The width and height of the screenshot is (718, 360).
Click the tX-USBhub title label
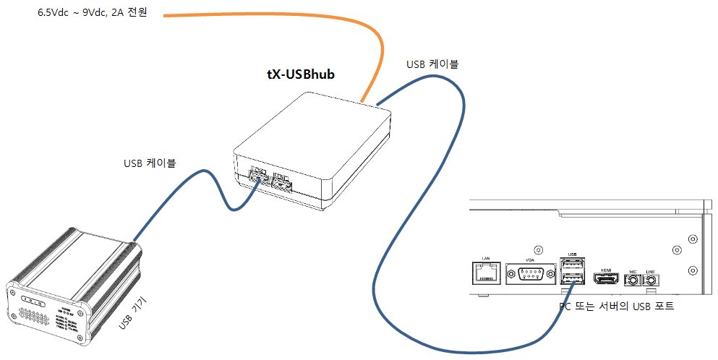(x=301, y=74)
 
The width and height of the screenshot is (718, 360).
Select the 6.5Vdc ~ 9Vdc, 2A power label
(x=93, y=13)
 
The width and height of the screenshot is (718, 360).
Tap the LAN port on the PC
(x=485, y=274)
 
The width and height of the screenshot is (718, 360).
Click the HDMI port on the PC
(x=604, y=279)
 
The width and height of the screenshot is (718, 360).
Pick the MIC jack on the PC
(x=633, y=280)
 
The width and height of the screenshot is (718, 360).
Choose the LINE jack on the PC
(x=651, y=280)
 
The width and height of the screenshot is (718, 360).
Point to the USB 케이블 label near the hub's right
(x=432, y=64)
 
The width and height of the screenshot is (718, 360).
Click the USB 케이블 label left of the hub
(x=149, y=163)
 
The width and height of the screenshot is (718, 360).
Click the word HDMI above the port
(x=604, y=269)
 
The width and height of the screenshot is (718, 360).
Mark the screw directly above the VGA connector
(x=535, y=249)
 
